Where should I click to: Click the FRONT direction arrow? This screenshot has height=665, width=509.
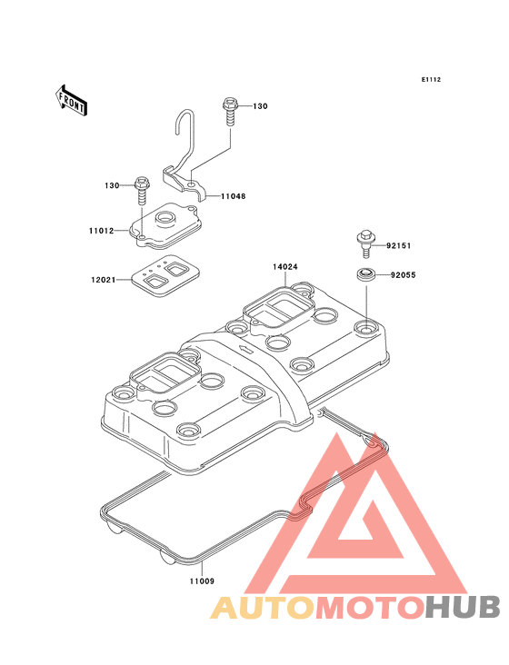(71, 100)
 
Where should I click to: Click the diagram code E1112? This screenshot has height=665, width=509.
(431, 79)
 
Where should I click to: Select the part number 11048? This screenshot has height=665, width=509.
(233, 196)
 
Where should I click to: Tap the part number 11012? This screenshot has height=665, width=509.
(102, 231)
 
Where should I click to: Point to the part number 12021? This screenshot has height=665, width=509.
(103, 280)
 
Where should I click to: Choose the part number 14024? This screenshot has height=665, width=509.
(285, 267)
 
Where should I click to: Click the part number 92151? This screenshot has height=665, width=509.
(399, 245)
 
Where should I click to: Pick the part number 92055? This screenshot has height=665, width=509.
(403, 275)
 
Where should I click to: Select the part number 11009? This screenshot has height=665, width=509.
(202, 581)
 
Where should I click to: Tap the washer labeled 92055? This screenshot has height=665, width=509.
(365, 274)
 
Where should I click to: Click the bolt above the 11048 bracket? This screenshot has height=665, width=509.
(230, 112)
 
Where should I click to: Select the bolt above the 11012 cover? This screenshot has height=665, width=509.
(141, 191)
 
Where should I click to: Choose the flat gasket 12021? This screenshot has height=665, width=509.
(165, 275)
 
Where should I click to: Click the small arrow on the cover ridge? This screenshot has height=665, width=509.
(245, 349)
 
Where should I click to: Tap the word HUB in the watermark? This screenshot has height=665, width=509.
(463, 607)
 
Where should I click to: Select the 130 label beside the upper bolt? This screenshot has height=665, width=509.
(260, 106)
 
